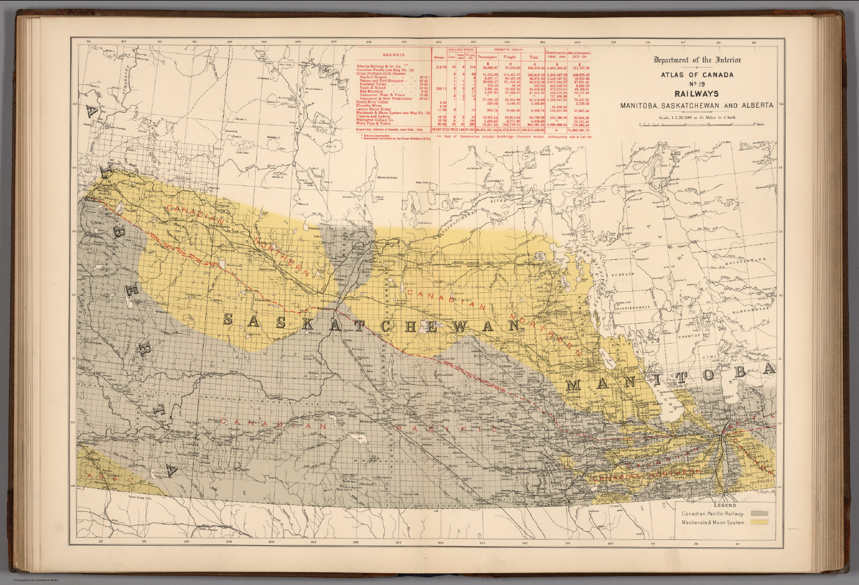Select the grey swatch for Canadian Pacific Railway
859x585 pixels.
point(760,512)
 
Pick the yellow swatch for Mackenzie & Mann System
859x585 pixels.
point(760,522)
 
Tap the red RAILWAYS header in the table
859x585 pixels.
point(394,55)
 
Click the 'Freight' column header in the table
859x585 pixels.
point(509,57)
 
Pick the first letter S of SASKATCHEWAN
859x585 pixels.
point(228,320)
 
